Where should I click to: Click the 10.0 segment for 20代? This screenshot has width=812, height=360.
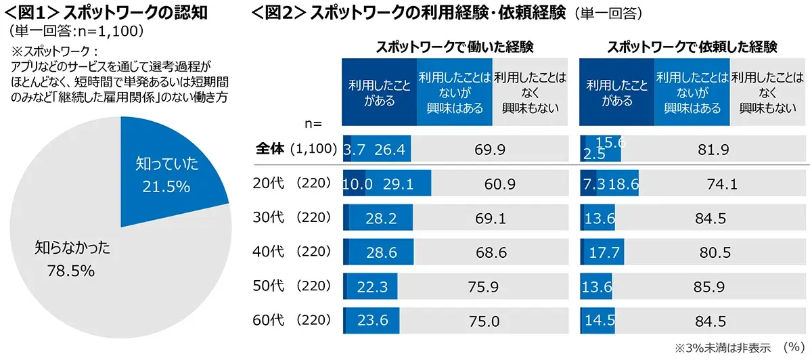click(x=354, y=183)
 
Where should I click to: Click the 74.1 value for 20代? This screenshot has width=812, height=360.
click(x=722, y=183)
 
